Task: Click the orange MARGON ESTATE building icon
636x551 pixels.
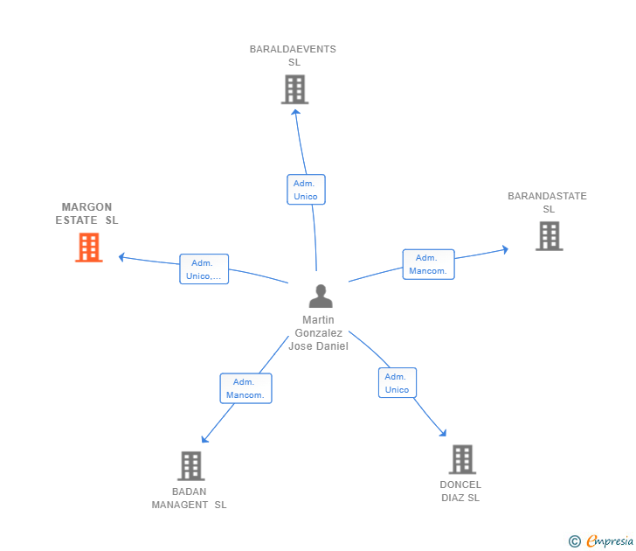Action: [88, 248]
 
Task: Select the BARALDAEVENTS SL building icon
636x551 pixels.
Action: [294, 89]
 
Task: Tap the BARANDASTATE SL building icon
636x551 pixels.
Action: [549, 236]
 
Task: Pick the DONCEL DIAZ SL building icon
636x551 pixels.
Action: [462, 459]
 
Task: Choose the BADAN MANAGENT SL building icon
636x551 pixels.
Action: [190, 466]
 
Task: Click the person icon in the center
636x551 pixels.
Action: [321, 296]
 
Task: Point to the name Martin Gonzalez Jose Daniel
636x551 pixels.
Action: [319, 333]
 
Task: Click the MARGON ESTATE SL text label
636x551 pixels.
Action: [86, 214]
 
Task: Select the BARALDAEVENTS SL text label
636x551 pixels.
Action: [293, 56]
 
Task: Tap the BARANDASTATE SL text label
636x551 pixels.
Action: [548, 202]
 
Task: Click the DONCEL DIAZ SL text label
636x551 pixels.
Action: [460, 492]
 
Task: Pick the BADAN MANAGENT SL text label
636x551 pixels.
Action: [189, 498]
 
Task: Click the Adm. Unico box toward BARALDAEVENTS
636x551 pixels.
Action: [306, 190]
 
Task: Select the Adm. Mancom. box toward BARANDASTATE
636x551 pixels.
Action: [428, 264]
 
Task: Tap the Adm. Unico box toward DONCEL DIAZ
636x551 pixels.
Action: [397, 383]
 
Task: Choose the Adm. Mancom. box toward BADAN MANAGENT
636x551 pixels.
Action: [245, 388]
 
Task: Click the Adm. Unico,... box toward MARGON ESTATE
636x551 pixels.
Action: [204, 269]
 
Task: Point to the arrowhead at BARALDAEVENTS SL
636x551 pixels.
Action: [295, 111]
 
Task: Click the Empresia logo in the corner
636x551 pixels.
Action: [601, 541]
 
